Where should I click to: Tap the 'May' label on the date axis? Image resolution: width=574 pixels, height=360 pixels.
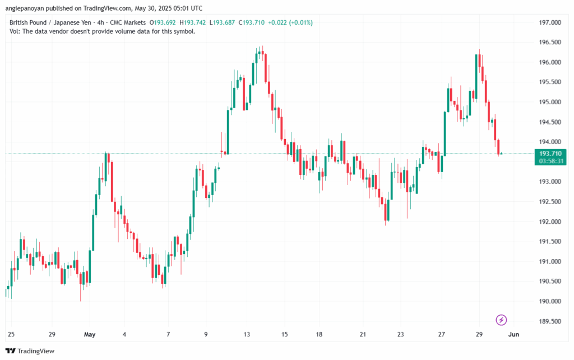click(90, 334)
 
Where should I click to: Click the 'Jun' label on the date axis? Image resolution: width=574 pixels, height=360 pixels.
click(513, 334)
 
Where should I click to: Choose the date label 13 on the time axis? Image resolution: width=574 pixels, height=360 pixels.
click(247, 334)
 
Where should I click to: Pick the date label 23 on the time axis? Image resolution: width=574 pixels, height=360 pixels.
click(401, 334)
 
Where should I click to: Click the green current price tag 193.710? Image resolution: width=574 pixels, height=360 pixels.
click(550, 153)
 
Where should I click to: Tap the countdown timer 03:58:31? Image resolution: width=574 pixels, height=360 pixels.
click(550, 161)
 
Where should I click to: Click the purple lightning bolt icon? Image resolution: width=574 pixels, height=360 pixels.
click(501, 320)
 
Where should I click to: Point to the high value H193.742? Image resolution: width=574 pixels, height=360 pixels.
click(195, 22)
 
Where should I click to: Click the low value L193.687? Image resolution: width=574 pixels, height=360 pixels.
click(225, 22)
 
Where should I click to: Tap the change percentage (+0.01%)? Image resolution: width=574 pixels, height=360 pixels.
click(299, 22)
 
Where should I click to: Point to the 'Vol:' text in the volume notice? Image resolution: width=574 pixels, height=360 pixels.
click(15, 31)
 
